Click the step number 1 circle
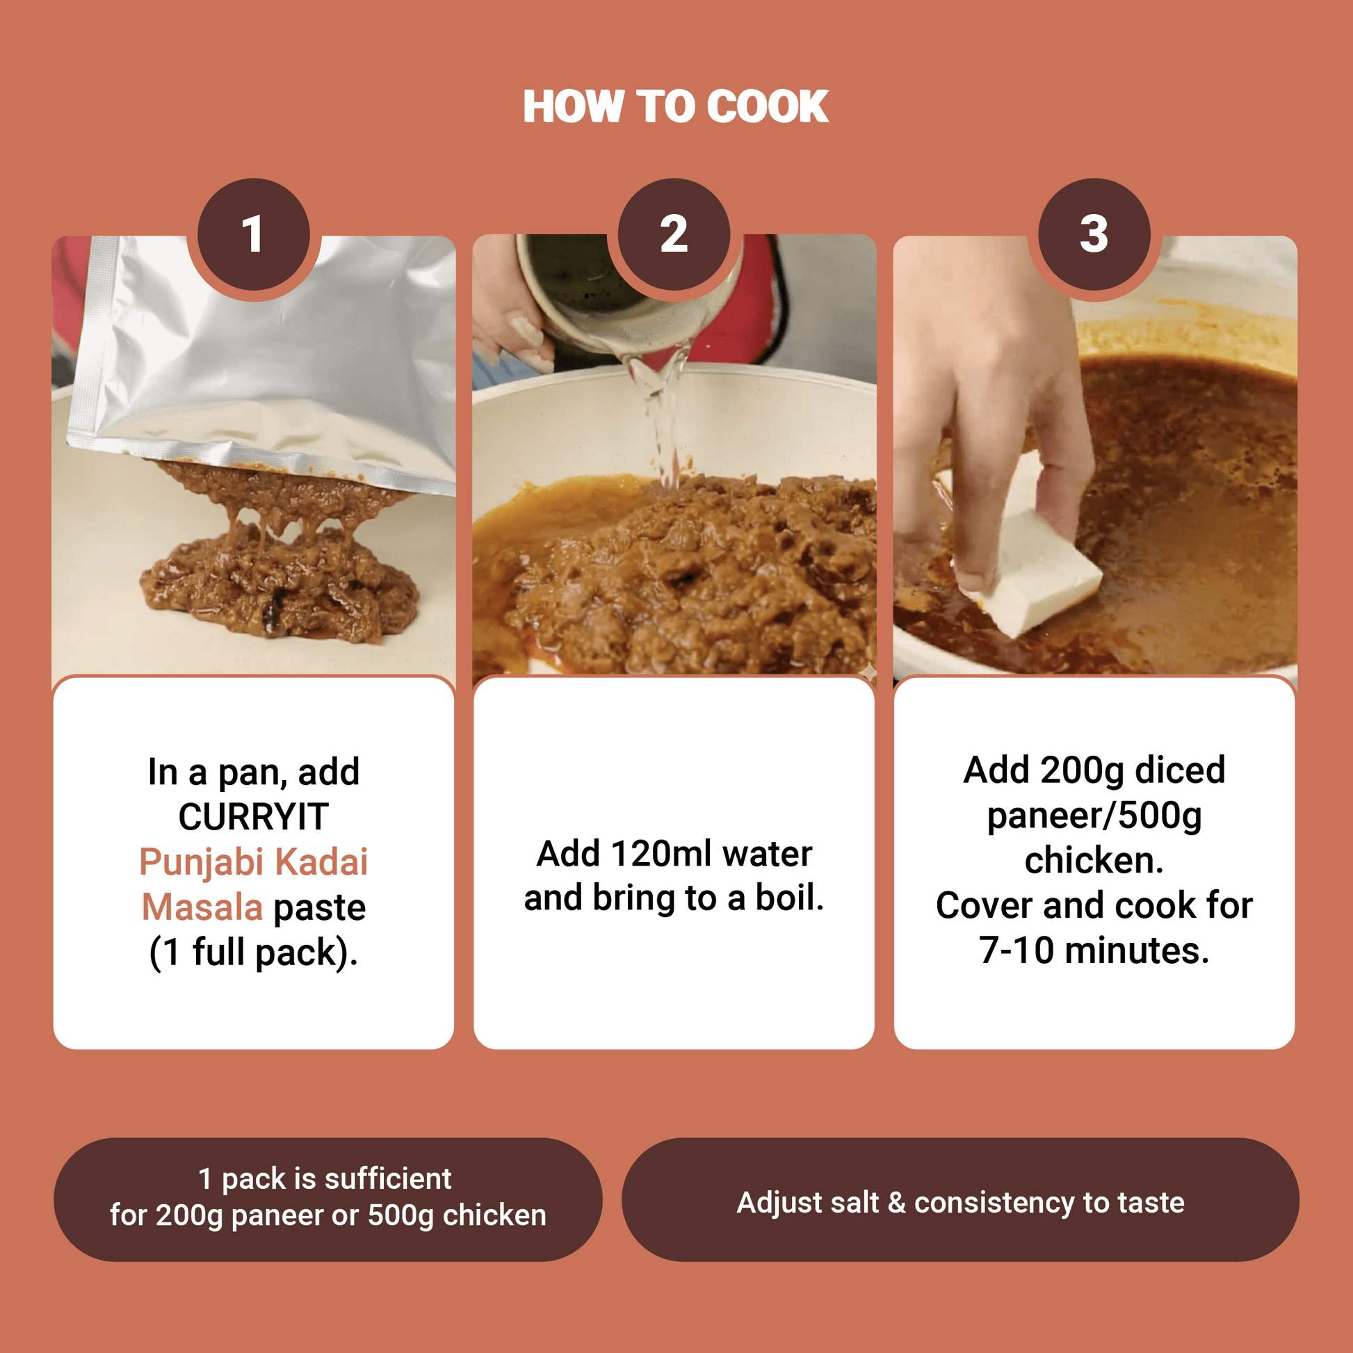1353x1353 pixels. [x=254, y=234]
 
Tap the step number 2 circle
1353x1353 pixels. [x=674, y=234]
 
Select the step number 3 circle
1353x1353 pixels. [x=1094, y=234]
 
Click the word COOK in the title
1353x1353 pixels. [x=768, y=106]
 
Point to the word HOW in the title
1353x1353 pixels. [x=573, y=106]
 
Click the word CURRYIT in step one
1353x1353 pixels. [x=254, y=816]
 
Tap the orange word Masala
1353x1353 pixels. [x=202, y=907]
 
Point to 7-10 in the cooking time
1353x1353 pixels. [x=1016, y=950]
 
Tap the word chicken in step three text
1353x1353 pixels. [x=1094, y=860]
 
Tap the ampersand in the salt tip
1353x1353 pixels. [x=896, y=1202]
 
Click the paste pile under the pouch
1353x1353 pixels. [x=280, y=574]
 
